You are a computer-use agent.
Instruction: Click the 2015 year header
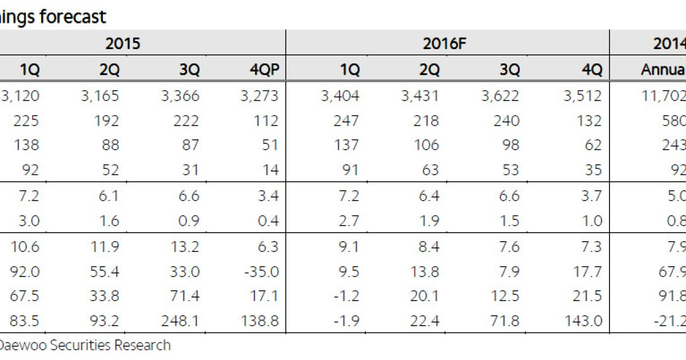(123, 43)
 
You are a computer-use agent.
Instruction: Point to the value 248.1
(180, 321)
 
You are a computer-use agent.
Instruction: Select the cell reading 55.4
(104, 271)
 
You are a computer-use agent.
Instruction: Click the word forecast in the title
(73, 17)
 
